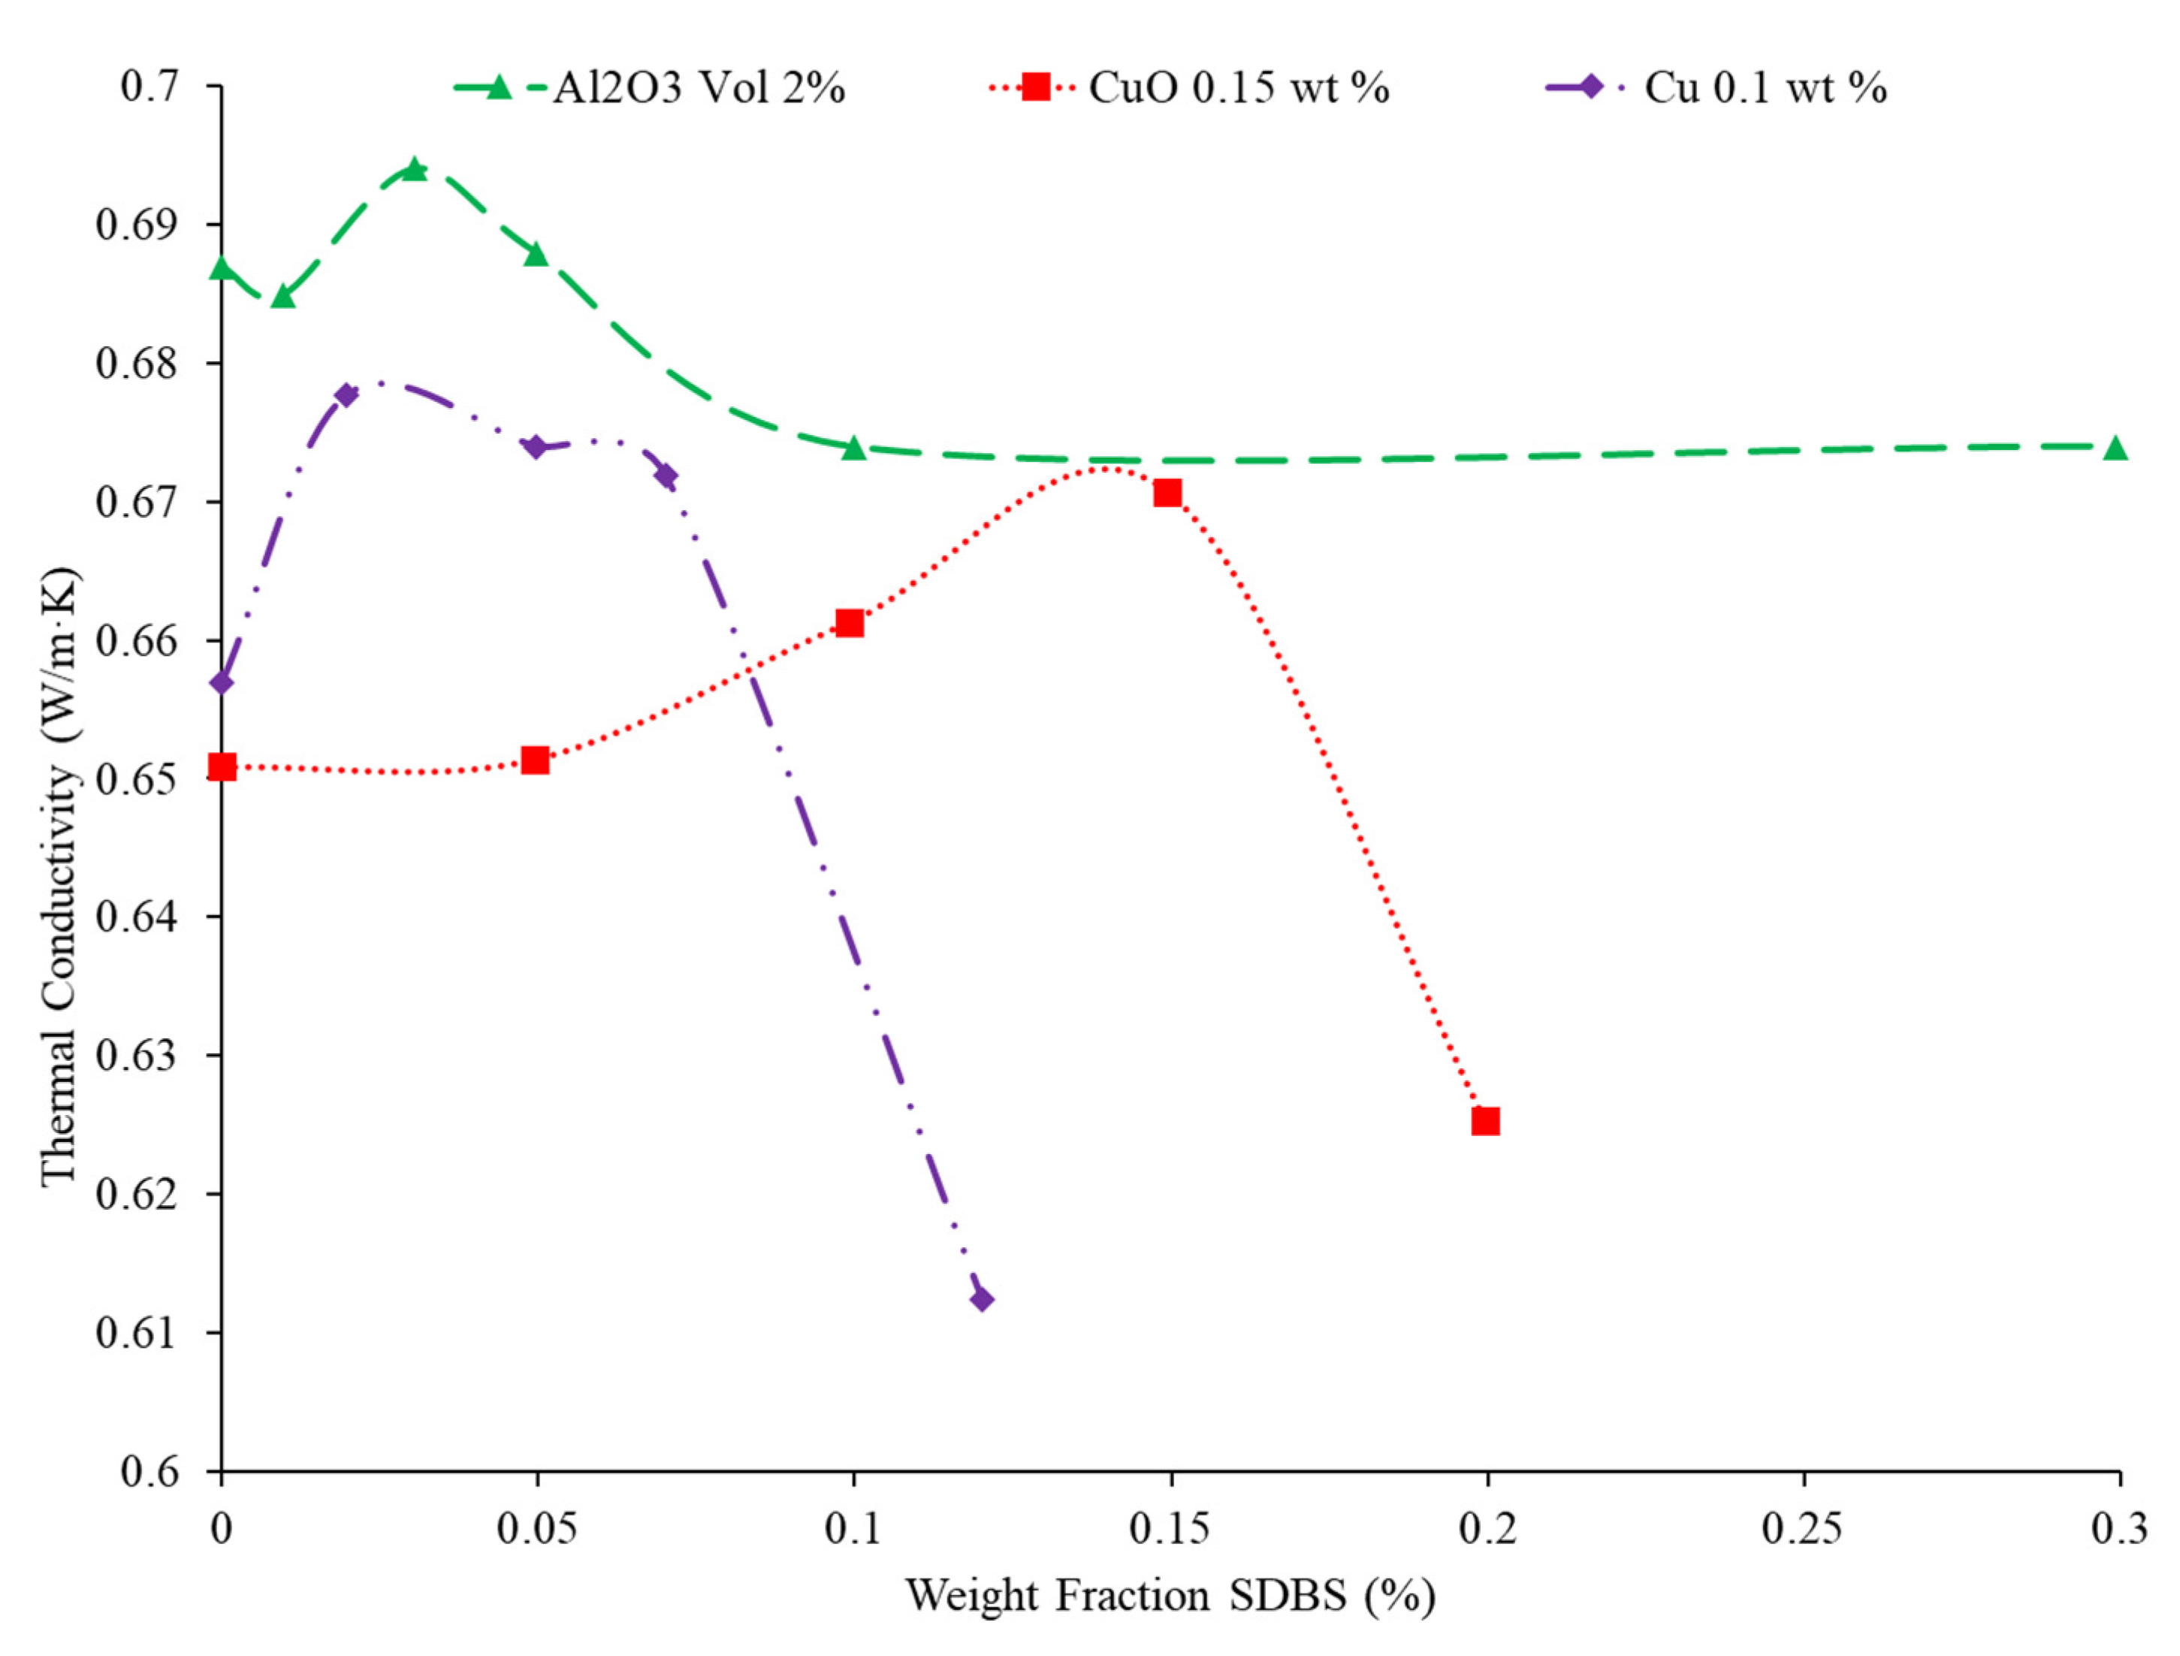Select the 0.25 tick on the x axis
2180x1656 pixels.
point(1803,1529)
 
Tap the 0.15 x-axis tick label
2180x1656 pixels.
point(1170,1529)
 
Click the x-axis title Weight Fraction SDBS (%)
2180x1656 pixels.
point(1170,1596)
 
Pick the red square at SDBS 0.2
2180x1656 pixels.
point(1485,1122)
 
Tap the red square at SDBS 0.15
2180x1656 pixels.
point(1168,493)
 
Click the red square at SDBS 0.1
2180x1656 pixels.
point(850,623)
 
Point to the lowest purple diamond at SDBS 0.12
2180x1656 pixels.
point(982,1299)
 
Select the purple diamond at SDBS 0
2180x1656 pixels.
point(222,682)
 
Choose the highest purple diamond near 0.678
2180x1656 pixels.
point(346,395)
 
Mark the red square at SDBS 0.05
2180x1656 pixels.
point(535,760)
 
